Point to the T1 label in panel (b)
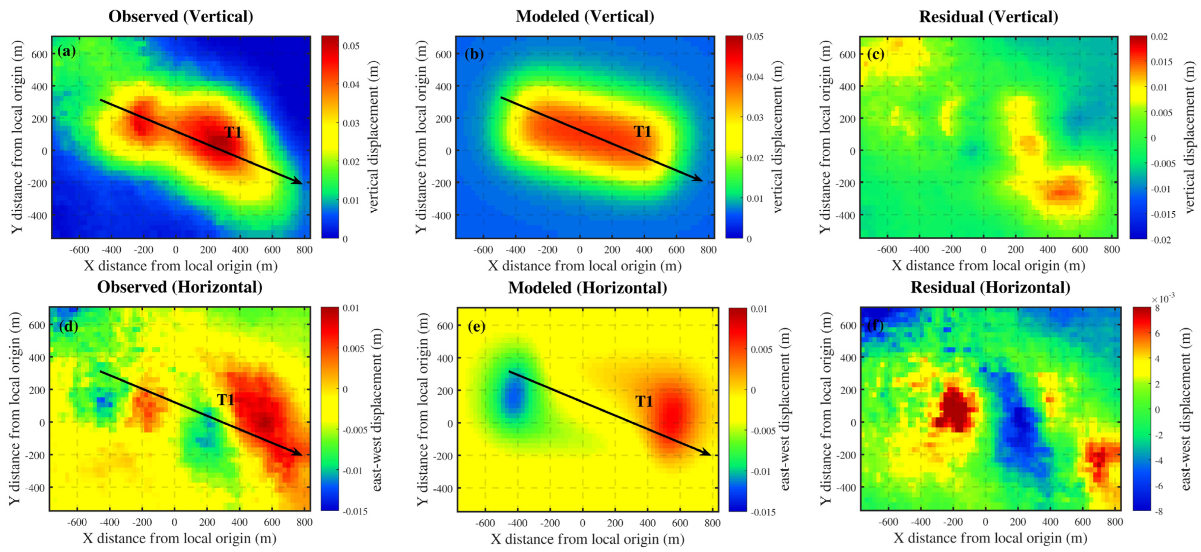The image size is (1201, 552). click(x=642, y=132)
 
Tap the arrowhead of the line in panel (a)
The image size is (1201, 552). click(x=298, y=181)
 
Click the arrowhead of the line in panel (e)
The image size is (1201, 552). click(x=707, y=453)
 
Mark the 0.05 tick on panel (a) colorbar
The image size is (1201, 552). click(x=351, y=46)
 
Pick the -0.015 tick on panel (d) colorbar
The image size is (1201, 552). click(x=355, y=511)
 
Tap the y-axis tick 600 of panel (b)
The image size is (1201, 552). click(x=443, y=55)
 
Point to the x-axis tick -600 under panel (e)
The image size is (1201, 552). click(x=484, y=523)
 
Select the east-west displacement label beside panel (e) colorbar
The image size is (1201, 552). click(x=785, y=409)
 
